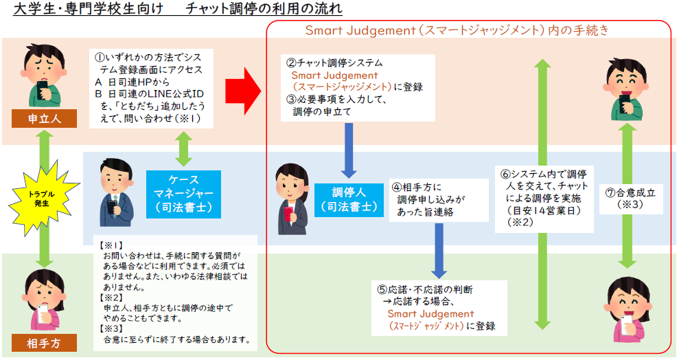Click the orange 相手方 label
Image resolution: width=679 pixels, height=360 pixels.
(44, 341)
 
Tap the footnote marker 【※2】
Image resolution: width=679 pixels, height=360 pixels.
(111, 297)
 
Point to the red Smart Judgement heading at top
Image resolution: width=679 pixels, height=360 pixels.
(457, 31)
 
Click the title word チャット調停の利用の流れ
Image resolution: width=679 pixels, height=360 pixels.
(264, 10)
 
